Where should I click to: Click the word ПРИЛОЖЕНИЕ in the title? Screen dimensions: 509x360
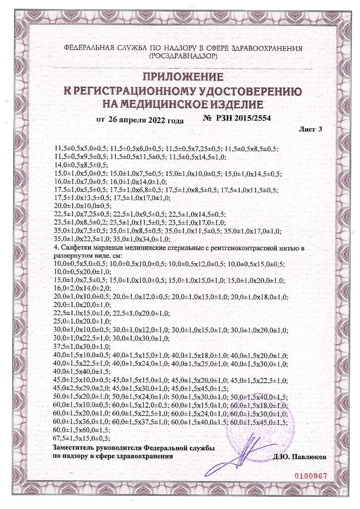pos(182,77)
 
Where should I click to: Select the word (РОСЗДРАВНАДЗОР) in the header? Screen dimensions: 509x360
pos(182,57)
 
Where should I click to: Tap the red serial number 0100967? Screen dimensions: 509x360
pos(312,475)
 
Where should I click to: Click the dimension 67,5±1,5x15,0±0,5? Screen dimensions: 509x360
pos(81,438)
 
